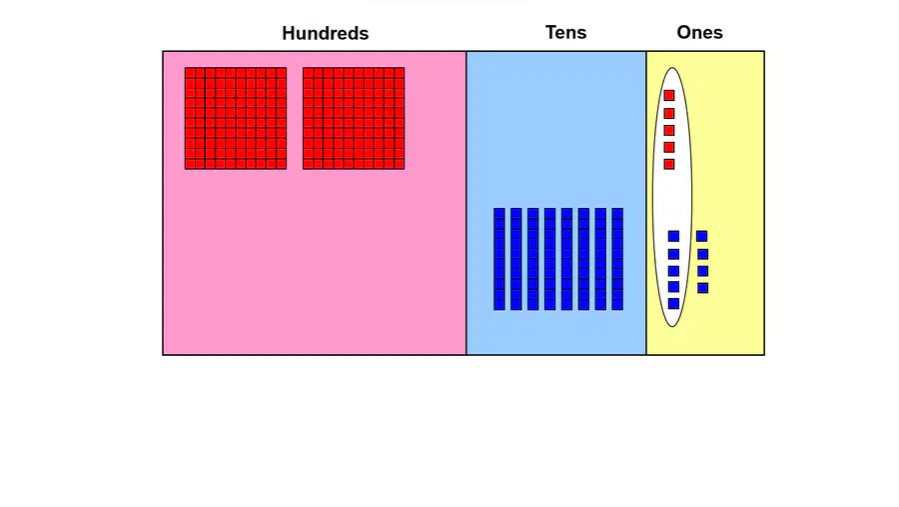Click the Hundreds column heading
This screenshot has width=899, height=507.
pos(325,33)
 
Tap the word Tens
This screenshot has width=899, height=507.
pos(566,32)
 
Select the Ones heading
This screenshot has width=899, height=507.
pos(699,32)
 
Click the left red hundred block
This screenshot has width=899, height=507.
pos(236,118)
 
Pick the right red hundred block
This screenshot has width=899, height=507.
pos(354,118)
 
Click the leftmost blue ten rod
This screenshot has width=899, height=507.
pos(499,259)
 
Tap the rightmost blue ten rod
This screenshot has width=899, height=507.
pos(617,259)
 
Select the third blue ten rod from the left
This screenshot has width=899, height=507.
pos(533,259)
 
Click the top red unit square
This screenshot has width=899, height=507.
pos(669,95)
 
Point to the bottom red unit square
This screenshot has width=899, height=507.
pos(669,164)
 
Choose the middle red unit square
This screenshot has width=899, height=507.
pos(669,130)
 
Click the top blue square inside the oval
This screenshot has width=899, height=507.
pos(673,236)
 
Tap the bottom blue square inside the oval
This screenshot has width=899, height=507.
pos(673,303)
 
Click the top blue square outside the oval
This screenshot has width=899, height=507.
pos(702,236)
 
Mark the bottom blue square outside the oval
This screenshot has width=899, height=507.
pos(702,288)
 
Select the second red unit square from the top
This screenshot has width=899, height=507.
pos(669,113)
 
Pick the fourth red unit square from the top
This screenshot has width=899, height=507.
pos(669,148)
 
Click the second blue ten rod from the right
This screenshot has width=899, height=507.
pos(601,259)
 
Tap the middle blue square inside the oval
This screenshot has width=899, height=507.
pos(673,270)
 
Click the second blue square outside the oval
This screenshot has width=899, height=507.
pos(702,254)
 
